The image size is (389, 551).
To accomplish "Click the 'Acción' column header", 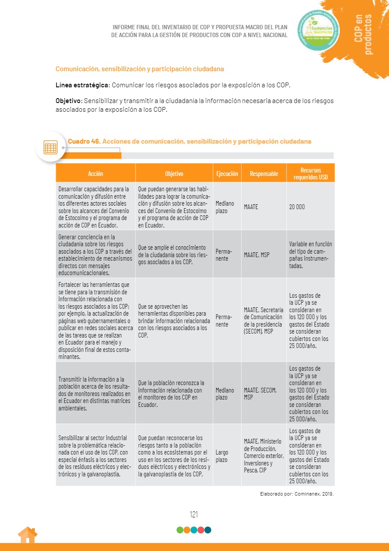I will pos(96,173).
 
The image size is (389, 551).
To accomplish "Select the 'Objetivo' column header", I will pos(174,173).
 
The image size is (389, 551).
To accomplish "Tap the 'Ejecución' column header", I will pos(227,173).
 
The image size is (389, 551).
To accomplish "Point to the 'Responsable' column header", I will pos(264,173).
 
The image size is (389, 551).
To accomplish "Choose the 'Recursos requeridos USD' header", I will pos(311,173).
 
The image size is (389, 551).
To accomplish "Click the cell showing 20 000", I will pos(297,207).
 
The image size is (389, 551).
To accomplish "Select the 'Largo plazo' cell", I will pos(222,456).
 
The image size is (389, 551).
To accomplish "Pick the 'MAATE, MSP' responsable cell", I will pos(257,255).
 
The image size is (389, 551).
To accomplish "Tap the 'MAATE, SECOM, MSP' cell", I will pos(260,393).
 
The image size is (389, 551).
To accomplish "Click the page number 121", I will pos(194,514).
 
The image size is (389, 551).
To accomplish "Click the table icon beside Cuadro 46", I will pos(51,147).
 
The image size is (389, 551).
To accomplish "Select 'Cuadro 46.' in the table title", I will pos(84,141).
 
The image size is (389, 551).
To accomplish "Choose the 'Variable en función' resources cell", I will pos(311,255).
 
